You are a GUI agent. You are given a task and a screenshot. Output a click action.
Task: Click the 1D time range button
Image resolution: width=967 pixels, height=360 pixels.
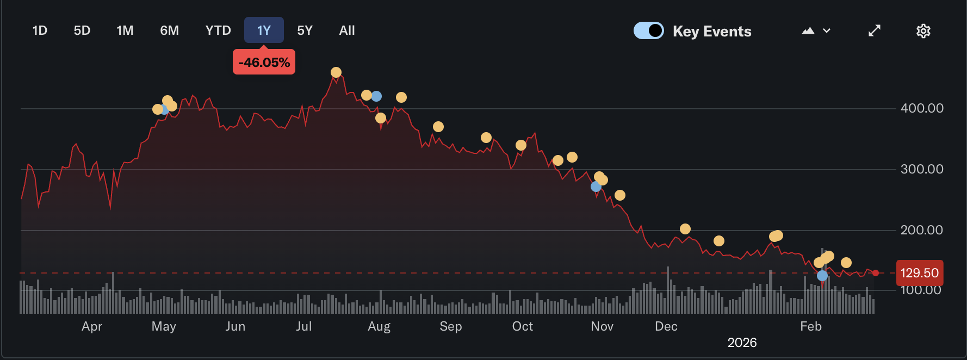click(40, 30)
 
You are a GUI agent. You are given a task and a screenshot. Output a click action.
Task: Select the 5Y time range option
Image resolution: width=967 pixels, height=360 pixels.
click(305, 30)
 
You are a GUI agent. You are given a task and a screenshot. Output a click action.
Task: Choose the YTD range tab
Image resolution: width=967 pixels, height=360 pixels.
click(218, 30)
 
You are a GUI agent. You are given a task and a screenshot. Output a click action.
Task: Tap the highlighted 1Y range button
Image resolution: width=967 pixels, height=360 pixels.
click(264, 30)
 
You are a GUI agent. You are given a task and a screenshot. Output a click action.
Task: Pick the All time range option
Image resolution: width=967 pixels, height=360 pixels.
click(347, 30)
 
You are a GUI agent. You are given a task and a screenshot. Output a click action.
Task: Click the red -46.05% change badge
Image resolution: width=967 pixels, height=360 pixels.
click(264, 63)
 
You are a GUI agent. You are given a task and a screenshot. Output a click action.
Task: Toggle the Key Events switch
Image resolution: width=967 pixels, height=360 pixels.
click(648, 30)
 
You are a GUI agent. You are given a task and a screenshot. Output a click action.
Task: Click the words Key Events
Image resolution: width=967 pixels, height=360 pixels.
click(712, 32)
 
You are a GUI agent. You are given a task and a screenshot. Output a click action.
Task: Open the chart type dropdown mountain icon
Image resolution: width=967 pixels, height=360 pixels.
click(816, 31)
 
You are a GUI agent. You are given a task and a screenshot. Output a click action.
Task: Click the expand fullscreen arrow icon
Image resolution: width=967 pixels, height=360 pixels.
click(874, 31)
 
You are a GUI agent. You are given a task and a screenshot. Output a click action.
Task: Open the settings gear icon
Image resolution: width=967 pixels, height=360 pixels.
click(923, 31)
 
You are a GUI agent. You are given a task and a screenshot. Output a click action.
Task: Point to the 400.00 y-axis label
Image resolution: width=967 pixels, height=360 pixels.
click(922, 108)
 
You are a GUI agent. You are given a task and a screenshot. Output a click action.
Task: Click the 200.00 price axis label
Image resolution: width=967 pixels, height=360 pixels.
click(922, 230)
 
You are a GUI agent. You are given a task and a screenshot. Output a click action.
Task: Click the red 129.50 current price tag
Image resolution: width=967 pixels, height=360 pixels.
click(919, 273)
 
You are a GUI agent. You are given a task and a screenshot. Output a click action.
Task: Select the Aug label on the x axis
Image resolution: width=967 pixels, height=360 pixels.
click(379, 326)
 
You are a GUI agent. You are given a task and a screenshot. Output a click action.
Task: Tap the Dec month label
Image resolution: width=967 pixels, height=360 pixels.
click(666, 326)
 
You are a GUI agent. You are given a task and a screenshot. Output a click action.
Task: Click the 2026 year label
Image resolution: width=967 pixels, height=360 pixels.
click(742, 343)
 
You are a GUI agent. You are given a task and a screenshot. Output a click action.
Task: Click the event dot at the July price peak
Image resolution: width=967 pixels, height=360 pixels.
click(336, 72)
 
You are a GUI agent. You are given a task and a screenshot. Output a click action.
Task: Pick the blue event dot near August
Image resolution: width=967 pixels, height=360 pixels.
click(376, 96)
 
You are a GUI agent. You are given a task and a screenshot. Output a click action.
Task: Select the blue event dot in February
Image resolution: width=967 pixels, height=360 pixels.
click(822, 276)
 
